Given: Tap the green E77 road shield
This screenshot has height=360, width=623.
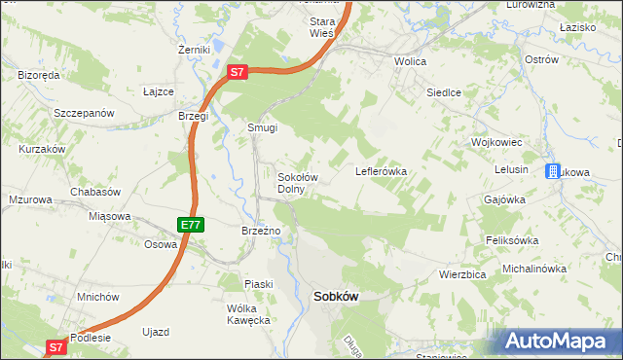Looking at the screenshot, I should pos(191,225).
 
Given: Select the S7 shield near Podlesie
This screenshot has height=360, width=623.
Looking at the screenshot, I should pos(55,346).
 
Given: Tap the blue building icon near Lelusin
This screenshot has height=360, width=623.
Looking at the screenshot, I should pos(552,171).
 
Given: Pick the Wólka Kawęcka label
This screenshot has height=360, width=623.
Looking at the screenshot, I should pos(247,314).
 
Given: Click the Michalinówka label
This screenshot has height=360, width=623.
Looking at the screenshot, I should pos(533,268).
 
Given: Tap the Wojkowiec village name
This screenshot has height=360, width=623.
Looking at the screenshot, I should pos(497,142).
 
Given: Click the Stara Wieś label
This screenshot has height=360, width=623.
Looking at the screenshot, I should pos(321,26).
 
